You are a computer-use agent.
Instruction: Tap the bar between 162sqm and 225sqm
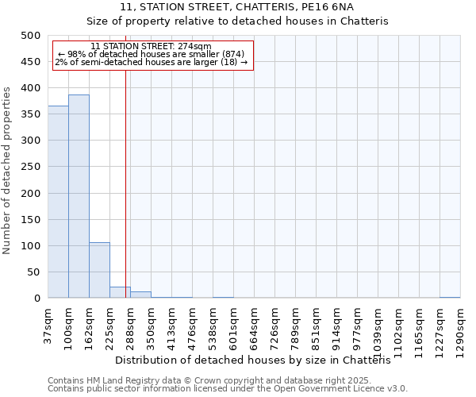point(99,270)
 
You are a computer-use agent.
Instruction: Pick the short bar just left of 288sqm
point(120,292)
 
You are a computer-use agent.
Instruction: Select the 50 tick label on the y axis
point(33,272)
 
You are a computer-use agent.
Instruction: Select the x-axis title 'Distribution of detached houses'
point(258,360)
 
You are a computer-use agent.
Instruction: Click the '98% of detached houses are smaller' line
point(151,54)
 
